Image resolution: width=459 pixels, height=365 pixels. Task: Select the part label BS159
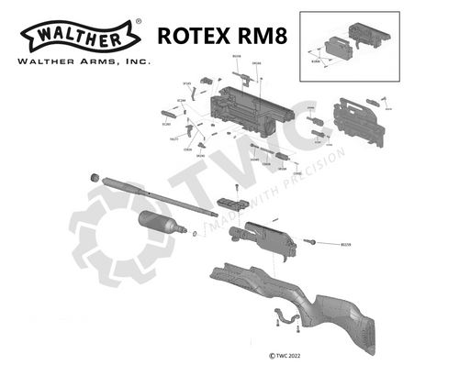tap(346, 245)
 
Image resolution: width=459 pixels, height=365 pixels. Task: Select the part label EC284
tap(181, 100)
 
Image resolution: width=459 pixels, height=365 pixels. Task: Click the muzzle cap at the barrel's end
tap(93, 175)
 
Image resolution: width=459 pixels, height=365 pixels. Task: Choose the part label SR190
tap(200, 156)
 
